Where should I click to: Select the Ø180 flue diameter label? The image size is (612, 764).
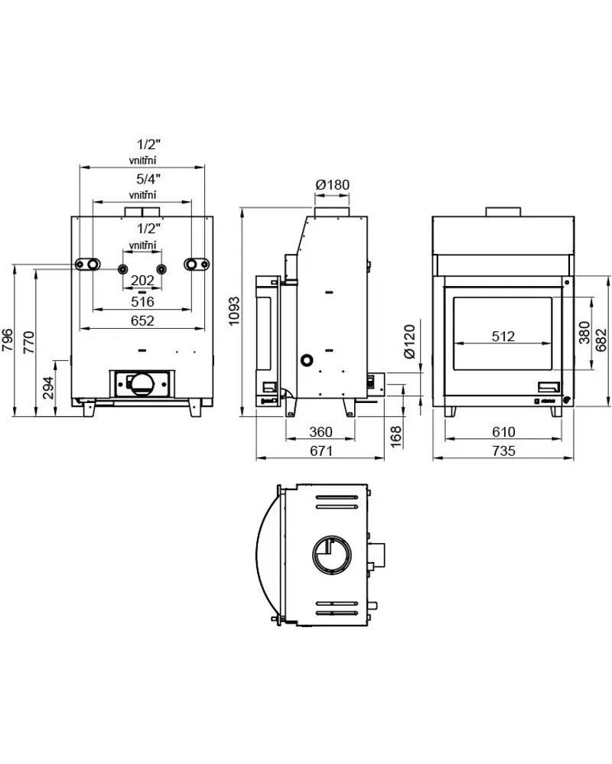point(332,184)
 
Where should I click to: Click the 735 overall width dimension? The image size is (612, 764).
point(503,451)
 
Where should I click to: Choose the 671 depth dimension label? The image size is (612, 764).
point(321,451)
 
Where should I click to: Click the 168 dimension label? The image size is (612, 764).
point(396,437)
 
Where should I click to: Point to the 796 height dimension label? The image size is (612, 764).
point(8,340)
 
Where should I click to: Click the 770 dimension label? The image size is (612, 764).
point(29,340)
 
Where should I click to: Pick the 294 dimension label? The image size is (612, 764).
point(48,388)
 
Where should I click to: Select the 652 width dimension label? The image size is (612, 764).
point(142,321)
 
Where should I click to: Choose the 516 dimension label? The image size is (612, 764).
point(142,302)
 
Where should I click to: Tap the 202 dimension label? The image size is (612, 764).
point(142,281)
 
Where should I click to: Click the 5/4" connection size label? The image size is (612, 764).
point(142,180)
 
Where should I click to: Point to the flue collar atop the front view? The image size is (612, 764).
point(503,212)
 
